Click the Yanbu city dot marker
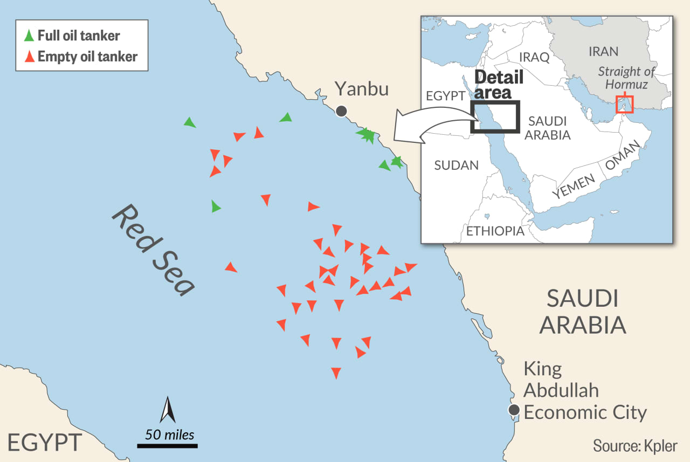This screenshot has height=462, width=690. click(x=341, y=111)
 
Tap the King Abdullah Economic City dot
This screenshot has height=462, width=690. click(x=514, y=409)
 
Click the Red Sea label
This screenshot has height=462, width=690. click(x=153, y=250)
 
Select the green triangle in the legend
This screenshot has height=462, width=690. click(x=29, y=36)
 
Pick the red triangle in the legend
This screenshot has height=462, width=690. click(x=29, y=56)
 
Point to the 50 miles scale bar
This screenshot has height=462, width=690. click(x=167, y=445)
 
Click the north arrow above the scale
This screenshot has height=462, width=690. click(x=168, y=410)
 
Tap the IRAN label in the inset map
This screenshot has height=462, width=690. click(x=603, y=51)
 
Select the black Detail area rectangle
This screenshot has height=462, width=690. click(x=495, y=116)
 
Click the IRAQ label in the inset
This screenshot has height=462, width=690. click(x=534, y=57)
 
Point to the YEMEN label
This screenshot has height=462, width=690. click(x=574, y=187)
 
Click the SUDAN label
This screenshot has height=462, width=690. click(x=456, y=165)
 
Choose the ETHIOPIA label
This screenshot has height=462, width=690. click(x=495, y=231)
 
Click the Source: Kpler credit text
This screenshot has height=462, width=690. click(x=635, y=446)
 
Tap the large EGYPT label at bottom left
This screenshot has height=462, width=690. click(x=45, y=442)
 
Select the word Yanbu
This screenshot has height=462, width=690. click(x=361, y=88)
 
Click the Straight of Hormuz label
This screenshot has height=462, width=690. click(x=627, y=78)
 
